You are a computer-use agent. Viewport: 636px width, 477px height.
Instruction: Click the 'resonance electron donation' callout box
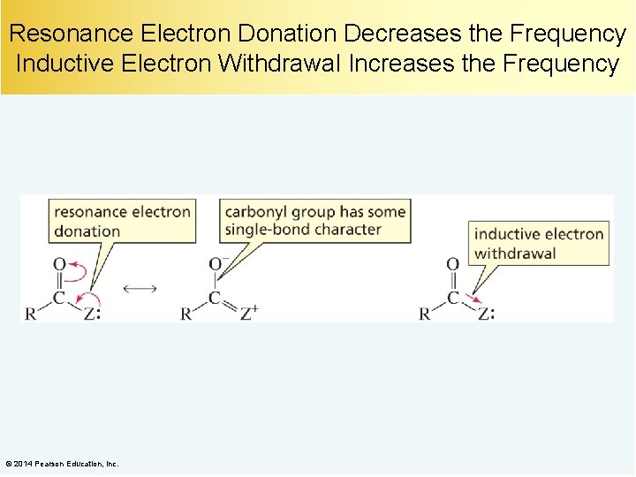point(122,221)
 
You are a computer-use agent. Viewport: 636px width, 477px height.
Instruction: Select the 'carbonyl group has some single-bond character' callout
point(314,220)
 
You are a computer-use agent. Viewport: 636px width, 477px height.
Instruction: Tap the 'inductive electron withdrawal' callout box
point(539,243)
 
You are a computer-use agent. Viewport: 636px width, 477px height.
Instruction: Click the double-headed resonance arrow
point(140,288)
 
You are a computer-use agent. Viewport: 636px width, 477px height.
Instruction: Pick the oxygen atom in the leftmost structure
point(59,264)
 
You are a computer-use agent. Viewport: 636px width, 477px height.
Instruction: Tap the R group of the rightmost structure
point(425,314)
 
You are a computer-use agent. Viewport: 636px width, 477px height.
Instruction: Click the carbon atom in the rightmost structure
point(452,298)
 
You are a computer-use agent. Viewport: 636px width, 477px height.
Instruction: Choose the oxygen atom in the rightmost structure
point(452,264)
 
